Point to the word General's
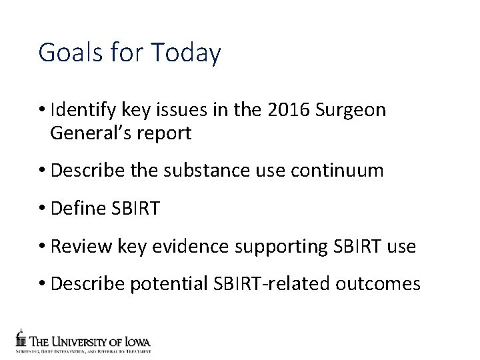[x=91, y=133]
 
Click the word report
[x=165, y=133]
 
